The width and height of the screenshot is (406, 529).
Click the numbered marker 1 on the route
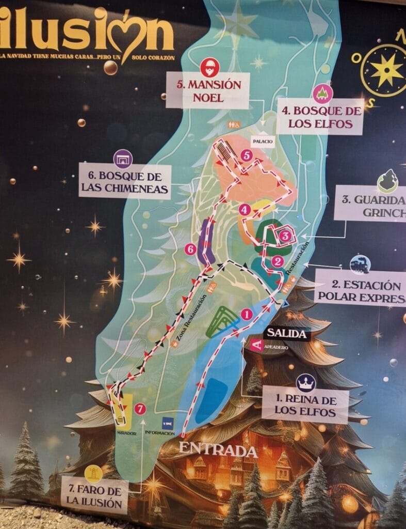(246, 314)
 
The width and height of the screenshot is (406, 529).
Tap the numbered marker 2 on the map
(278, 261)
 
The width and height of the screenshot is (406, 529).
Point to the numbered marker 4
(246, 210)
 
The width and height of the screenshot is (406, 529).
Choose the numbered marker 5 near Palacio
(247, 154)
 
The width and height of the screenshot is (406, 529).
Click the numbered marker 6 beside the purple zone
(190, 250)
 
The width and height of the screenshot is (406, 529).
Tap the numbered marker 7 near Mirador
(140, 409)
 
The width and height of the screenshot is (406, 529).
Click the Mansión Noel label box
(208, 90)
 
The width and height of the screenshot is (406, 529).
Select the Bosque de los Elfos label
(320, 117)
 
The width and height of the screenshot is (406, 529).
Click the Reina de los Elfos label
(305, 406)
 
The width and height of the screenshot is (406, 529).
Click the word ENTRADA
(218, 449)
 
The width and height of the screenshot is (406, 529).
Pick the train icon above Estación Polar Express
(360, 264)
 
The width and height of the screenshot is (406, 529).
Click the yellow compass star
(386, 70)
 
